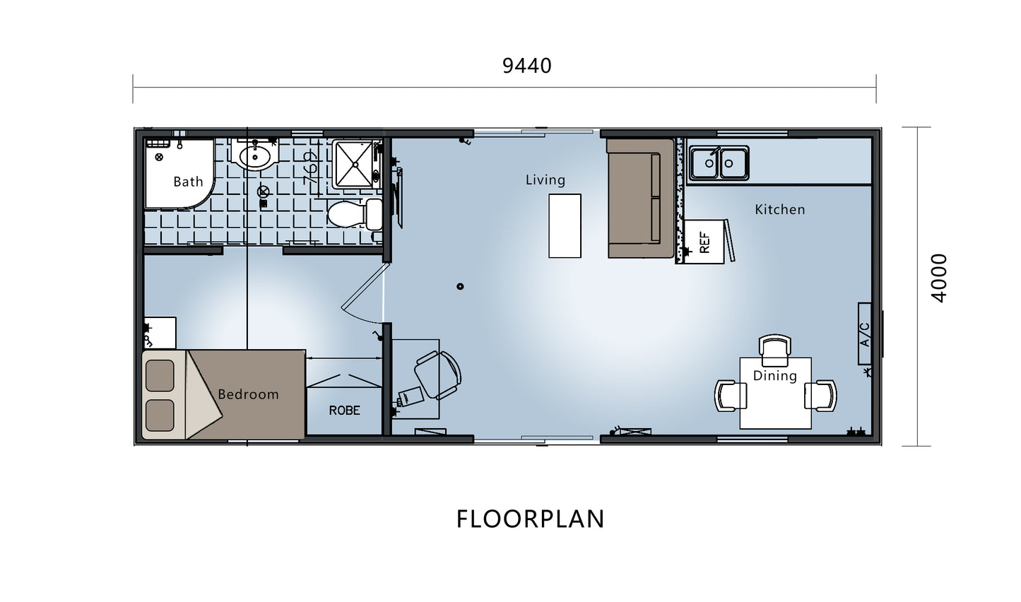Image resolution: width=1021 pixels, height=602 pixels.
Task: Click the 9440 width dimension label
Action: coord(526,66)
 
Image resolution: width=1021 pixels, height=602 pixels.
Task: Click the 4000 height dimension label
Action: coord(940,278)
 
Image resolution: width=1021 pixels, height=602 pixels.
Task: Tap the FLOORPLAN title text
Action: coord(530,519)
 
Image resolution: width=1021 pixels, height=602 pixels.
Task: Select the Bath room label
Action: coord(188,182)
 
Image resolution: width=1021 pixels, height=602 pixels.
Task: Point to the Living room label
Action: coord(545,179)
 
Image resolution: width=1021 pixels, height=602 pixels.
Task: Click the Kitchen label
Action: coord(780,210)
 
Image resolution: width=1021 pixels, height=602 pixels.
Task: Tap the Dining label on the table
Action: coord(775,376)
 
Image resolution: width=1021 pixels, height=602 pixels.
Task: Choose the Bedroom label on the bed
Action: coord(248,394)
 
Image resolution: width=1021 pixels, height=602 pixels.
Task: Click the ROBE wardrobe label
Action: coord(345,411)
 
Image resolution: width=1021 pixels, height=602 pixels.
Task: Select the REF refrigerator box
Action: coord(704,242)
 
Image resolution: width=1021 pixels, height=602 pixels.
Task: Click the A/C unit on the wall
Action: coord(865,334)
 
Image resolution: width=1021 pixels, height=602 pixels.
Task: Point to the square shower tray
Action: coord(355,164)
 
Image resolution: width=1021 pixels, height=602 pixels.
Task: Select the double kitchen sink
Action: coord(719,163)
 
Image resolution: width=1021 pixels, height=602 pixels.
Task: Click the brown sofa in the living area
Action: coord(640,199)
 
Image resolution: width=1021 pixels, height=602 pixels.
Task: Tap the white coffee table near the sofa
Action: coord(565,226)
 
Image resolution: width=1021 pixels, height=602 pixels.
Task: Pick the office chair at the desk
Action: coord(437,374)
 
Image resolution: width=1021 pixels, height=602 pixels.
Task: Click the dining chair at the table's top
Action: coord(775,350)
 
